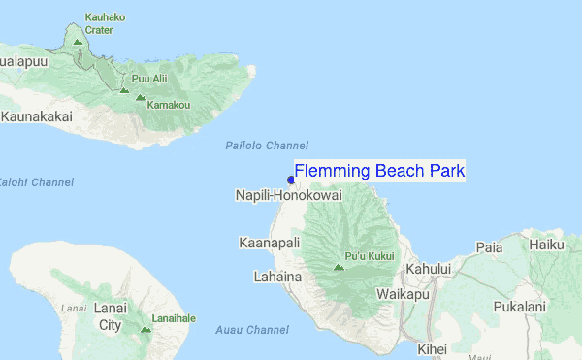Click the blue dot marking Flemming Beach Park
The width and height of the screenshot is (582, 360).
point(291,180)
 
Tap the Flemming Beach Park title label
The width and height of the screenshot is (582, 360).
point(379,172)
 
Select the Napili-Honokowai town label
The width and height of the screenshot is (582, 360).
point(288,196)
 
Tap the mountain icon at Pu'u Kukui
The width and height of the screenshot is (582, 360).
point(338,267)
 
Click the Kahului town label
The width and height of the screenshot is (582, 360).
point(429,268)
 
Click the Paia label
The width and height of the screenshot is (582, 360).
point(489,247)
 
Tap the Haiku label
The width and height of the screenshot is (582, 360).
point(548,245)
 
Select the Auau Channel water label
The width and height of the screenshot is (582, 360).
point(253,330)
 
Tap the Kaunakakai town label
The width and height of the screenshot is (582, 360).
point(38,116)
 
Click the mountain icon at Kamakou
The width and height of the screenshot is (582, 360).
point(141,98)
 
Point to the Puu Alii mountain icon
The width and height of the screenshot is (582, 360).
point(124,89)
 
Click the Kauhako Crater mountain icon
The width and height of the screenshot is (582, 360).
point(78,42)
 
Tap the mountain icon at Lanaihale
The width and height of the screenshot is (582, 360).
point(145,329)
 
